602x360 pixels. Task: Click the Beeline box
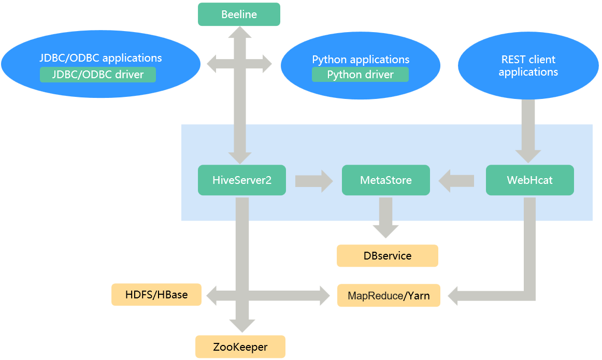tap(239, 15)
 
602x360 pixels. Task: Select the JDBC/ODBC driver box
tap(98, 75)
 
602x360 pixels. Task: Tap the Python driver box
tap(360, 75)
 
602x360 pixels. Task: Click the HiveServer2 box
tap(241, 180)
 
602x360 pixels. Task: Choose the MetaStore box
tap(385, 180)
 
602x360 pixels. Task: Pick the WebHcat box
tap(529, 180)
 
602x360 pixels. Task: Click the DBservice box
tap(387, 256)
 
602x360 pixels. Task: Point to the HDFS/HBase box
tap(156, 295)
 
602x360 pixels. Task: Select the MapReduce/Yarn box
tap(389, 296)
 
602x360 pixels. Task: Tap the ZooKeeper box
tap(240, 347)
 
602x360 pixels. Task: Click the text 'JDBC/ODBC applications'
tap(101, 58)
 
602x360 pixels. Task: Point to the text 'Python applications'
tap(361, 60)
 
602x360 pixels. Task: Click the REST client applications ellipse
tap(528, 66)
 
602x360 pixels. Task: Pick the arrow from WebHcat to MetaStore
tap(456, 181)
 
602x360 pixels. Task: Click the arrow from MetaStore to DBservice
tap(385, 218)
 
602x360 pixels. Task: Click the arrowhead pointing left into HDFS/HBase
tap(213, 296)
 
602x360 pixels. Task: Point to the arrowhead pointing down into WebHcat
tap(528, 156)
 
